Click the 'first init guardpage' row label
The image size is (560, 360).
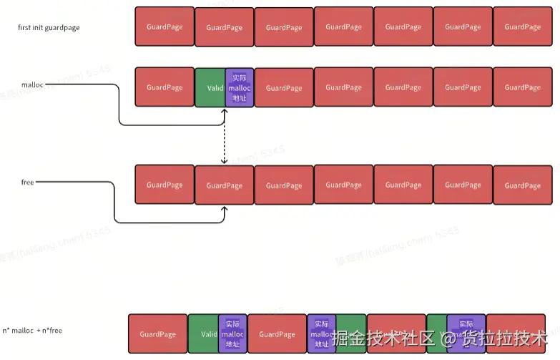pos(49,27)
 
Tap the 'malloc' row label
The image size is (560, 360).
pos(32,84)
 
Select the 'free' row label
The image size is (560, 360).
pos(28,183)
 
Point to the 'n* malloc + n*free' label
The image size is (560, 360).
pos(32,331)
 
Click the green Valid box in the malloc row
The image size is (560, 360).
pos(210,88)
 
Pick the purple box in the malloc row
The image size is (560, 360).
pos(239,88)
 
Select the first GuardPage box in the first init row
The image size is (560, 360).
pos(164,26)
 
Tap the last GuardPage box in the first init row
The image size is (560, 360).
pos(523,26)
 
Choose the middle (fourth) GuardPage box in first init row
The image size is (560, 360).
pos(343,26)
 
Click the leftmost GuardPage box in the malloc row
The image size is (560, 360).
pos(164,87)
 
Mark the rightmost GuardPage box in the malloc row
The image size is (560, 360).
pos(523,87)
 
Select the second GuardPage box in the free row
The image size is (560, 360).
pos(225,185)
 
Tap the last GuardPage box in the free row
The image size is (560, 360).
pos(523,185)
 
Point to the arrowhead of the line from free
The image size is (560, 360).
pos(225,210)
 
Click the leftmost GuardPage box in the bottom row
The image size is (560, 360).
pos(157,334)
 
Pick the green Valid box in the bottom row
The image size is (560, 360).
pos(203,334)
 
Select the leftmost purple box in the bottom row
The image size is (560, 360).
pos(232,334)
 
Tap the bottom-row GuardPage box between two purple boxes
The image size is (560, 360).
pos(277,334)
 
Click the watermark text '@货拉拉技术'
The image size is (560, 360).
pos(493,337)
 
